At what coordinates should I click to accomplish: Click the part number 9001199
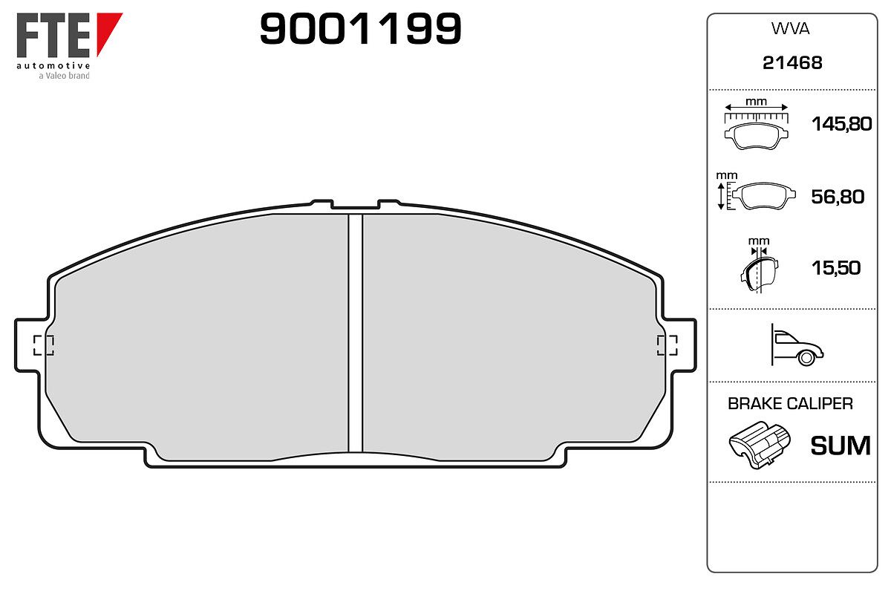(360, 28)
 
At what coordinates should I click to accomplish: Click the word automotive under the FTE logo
(53, 65)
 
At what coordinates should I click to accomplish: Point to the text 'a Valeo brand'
(64, 76)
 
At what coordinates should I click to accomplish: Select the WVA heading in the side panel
(790, 29)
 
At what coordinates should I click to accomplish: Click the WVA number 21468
(792, 63)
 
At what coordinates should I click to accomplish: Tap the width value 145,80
(841, 124)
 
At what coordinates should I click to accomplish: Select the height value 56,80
(838, 197)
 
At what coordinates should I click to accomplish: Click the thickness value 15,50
(836, 268)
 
